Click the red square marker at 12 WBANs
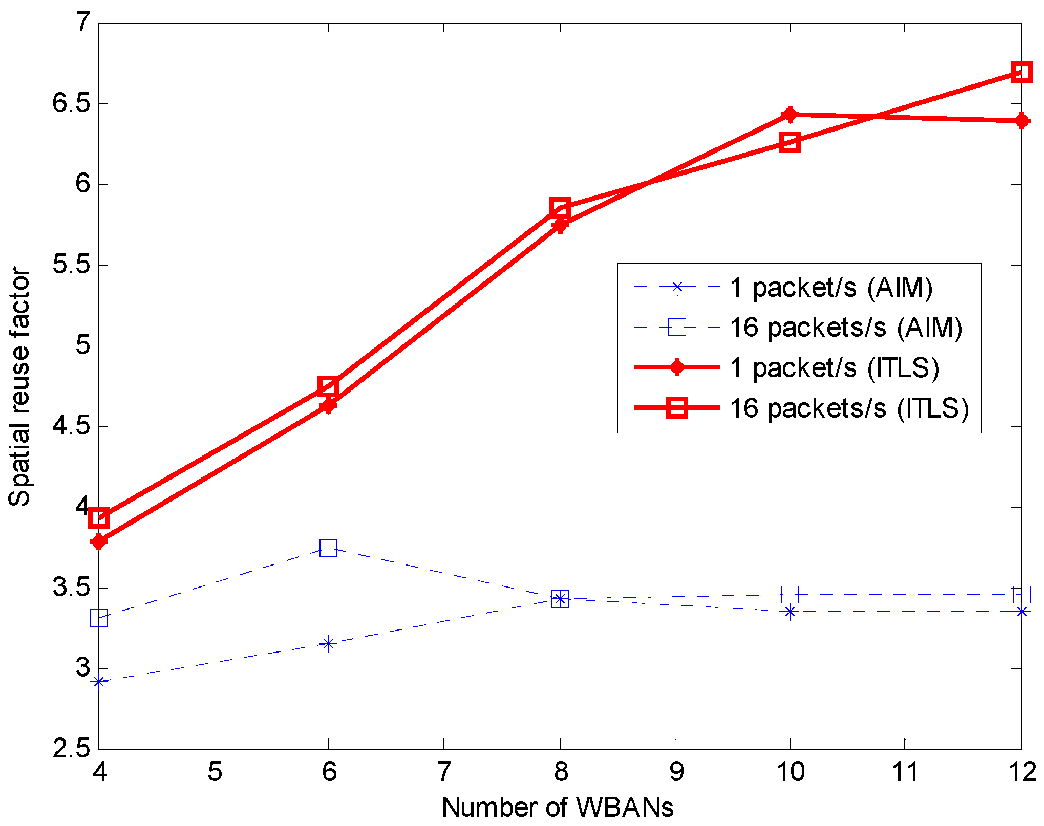pos(1021,72)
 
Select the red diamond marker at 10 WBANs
pos(790,115)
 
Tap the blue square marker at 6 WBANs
pos(328,548)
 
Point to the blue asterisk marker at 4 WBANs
pos(99,682)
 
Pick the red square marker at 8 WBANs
pos(560,208)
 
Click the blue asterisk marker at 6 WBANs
pos(328,644)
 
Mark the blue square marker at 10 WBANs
pos(790,595)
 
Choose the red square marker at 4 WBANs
pos(99,518)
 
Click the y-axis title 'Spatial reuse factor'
pos(19,387)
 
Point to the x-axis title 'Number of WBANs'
pos(558,808)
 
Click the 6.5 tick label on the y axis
pos(71,104)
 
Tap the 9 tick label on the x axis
pos(676,772)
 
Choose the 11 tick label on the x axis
pos(905,772)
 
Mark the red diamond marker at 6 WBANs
pos(328,406)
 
